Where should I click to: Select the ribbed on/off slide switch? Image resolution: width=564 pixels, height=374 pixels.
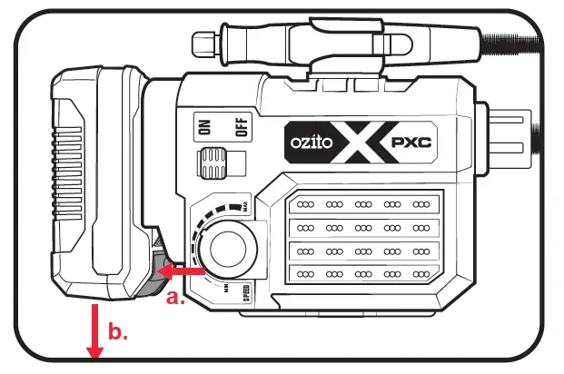click(214, 163)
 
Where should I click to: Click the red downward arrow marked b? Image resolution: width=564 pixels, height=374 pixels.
click(93, 332)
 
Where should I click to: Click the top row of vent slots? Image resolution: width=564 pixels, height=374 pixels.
click(363, 205)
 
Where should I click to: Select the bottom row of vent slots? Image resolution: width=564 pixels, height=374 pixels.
click(363, 272)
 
